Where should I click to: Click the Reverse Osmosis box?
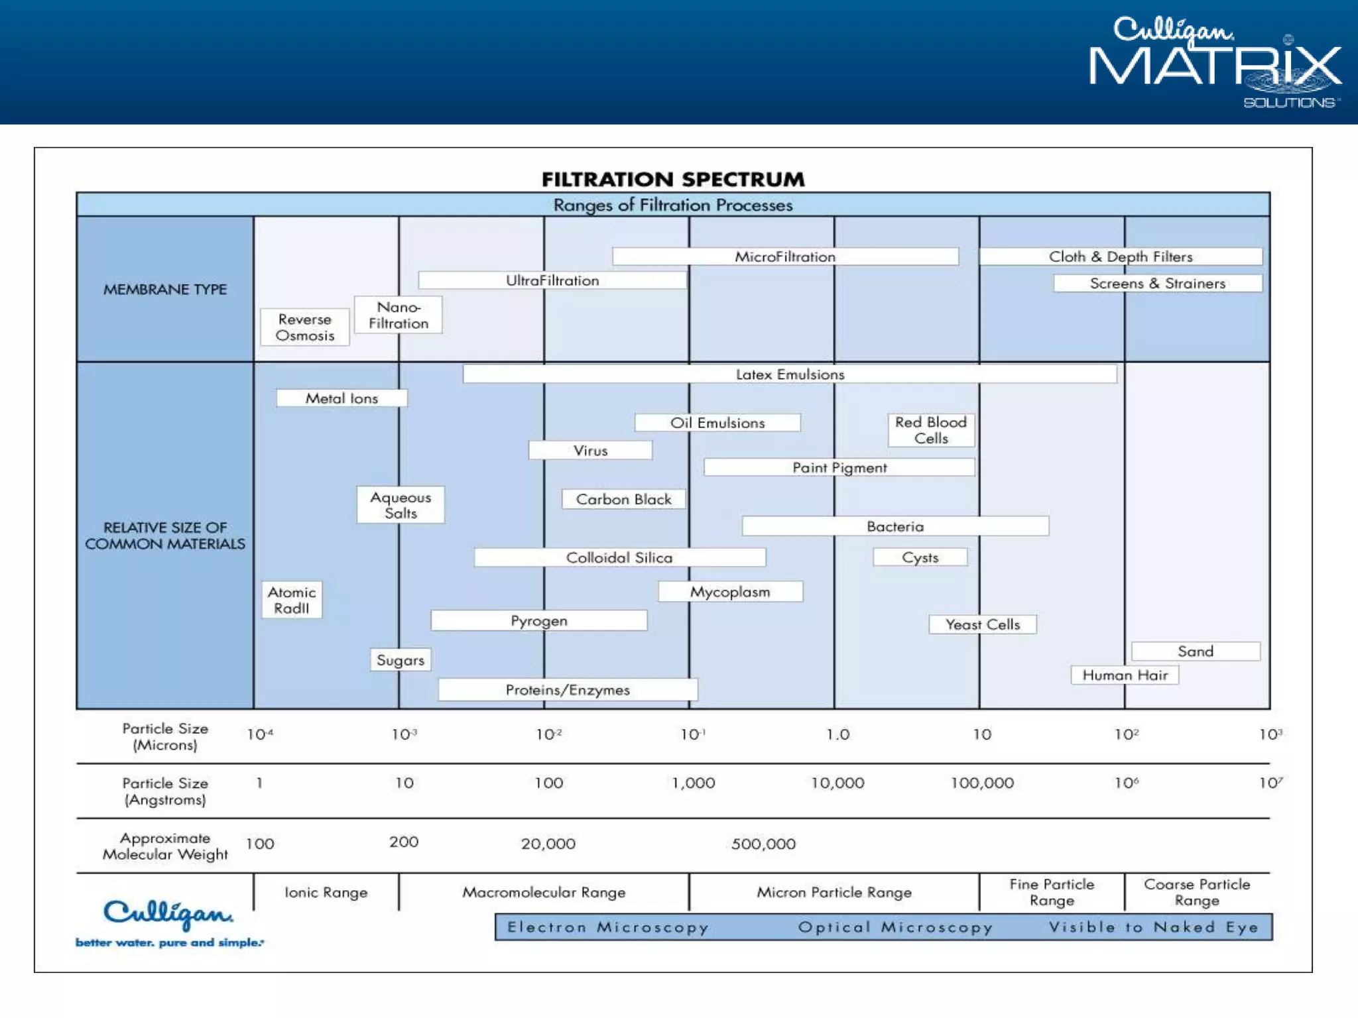coord(305,327)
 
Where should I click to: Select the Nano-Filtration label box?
coord(399,315)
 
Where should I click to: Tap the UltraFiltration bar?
coord(552,280)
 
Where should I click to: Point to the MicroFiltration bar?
coord(785,256)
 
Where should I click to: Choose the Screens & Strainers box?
coord(1158,284)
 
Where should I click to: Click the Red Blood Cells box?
coord(931,430)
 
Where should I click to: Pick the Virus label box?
coord(590,451)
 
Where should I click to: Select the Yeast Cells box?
coord(983,624)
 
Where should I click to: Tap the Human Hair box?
coord(1125,675)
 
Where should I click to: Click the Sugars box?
coord(401,660)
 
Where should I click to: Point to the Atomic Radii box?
coord(292,600)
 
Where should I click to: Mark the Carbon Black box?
coord(623,499)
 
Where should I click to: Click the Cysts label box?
coord(920,557)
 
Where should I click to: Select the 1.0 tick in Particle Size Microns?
coord(837,734)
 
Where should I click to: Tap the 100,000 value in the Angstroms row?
coord(982,783)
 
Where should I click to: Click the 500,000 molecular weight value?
coord(763,844)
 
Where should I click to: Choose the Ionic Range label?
coord(326,893)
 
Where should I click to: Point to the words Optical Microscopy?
coord(895,927)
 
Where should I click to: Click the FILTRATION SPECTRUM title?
coord(673,179)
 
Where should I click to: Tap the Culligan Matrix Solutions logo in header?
coord(1215,62)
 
